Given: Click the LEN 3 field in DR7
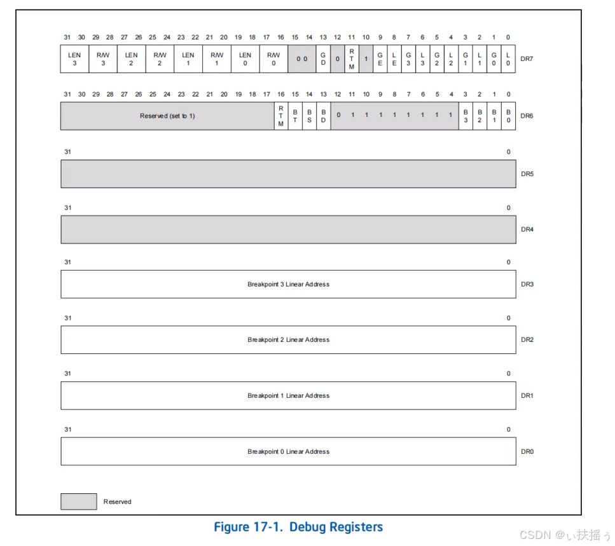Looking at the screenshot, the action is [x=74, y=58].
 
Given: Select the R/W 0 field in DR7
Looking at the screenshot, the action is [x=273, y=58].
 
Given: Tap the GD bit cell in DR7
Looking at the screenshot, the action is [x=323, y=58].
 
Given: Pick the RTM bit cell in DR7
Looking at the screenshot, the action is [x=351, y=58].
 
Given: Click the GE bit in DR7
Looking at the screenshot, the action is [x=380, y=58].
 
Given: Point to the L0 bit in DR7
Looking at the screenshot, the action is [x=508, y=58].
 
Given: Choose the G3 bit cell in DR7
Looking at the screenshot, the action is [x=408, y=58].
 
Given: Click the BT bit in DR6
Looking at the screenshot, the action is [x=294, y=116].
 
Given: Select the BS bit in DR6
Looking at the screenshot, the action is [x=309, y=116].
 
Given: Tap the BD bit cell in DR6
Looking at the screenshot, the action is [x=323, y=116].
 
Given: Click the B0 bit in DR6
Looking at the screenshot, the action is [x=508, y=116].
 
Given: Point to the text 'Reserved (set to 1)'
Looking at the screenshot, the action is [x=167, y=116].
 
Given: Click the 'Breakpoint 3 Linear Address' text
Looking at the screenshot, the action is [x=288, y=284].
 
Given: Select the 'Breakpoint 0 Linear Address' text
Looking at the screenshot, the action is [x=288, y=451].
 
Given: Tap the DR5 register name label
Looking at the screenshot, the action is [x=527, y=174].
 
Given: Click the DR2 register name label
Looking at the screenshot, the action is [x=527, y=339].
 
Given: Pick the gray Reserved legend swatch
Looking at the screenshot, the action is [x=79, y=502].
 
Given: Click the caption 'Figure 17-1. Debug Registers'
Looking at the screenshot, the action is [x=298, y=527].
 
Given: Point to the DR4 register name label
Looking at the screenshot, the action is [x=527, y=229].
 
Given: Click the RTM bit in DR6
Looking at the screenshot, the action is [x=280, y=116].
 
